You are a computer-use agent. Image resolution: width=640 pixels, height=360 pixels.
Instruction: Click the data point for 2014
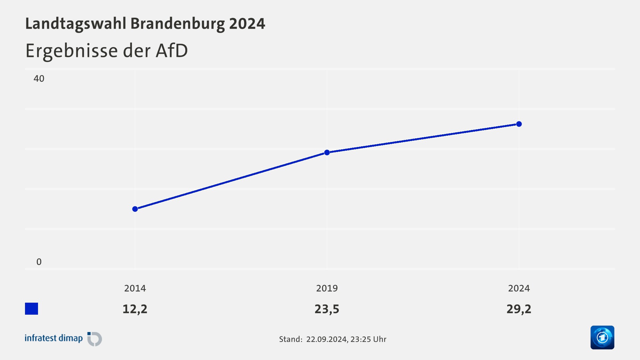tap(135, 209)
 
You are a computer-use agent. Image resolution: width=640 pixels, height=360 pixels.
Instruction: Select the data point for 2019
tap(327, 152)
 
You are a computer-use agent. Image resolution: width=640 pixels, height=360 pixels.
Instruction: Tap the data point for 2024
tap(519, 124)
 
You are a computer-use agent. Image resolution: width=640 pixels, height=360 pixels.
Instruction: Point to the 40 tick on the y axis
tap(39, 79)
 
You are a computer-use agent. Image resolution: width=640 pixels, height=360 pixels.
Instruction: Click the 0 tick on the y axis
tap(39, 262)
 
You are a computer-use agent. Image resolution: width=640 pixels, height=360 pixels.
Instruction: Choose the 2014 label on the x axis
tap(135, 288)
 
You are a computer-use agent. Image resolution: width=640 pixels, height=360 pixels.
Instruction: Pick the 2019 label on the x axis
tap(327, 288)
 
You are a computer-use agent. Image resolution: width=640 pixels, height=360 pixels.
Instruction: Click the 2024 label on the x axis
tap(519, 288)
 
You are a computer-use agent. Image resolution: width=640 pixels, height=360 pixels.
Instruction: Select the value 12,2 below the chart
tap(135, 309)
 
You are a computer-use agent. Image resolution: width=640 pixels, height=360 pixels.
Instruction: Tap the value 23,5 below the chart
tap(327, 309)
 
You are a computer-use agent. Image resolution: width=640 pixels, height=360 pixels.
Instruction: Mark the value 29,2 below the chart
tap(519, 309)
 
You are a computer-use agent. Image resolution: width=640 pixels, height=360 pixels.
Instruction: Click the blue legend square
tap(32, 309)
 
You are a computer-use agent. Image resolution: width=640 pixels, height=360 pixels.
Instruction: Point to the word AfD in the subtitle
tap(172, 51)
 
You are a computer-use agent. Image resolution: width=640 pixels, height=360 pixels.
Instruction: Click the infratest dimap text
tap(54, 338)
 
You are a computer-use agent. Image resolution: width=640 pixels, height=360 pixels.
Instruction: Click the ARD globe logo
tap(602, 337)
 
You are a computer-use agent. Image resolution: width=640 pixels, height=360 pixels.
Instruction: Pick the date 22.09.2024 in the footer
tap(327, 339)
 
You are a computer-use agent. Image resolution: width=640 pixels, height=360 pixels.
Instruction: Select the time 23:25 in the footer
tap(360, 339)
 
